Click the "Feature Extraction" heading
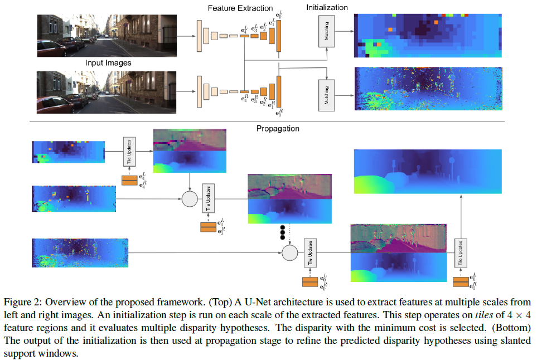coord(240,8)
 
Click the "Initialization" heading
coord(327,7)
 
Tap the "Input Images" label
coord(108,63)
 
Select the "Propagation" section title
coord(278,128)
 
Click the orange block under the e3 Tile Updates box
coord(209,227)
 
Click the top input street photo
coord(107,35)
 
